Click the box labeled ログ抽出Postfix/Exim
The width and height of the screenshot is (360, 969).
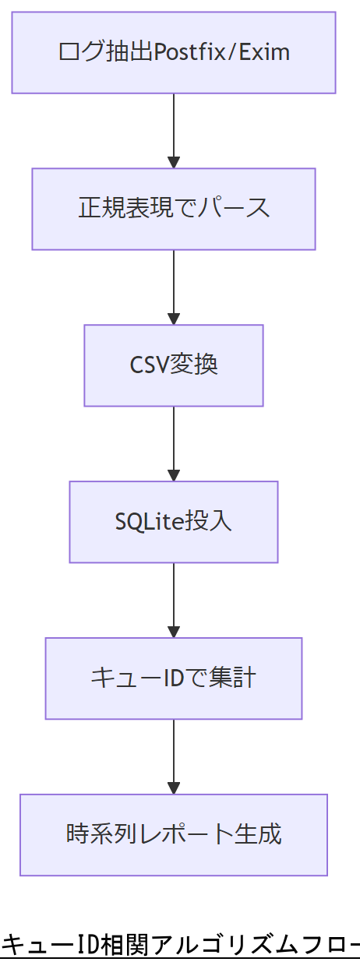173,52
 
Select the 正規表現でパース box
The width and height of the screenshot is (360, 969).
173,209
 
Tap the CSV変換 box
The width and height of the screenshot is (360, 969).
173,365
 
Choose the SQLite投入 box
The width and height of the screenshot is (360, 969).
173,522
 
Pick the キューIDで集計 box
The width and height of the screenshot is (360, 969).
173,678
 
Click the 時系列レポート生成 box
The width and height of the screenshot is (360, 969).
173,835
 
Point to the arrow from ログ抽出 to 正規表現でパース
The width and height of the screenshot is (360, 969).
174,131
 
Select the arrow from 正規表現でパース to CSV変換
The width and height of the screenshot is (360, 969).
174,287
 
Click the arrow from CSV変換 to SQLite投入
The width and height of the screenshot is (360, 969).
174,444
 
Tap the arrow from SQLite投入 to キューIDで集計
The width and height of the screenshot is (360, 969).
174,601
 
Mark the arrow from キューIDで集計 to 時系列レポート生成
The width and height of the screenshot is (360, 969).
174,757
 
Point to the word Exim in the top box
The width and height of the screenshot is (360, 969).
270,52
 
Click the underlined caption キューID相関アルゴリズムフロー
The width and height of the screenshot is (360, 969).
180,946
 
